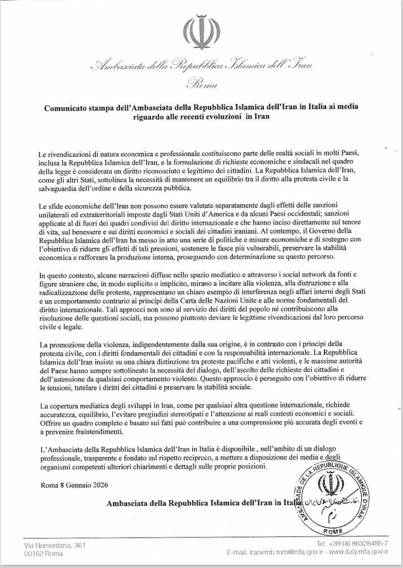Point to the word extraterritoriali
[x=91, y=214]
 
